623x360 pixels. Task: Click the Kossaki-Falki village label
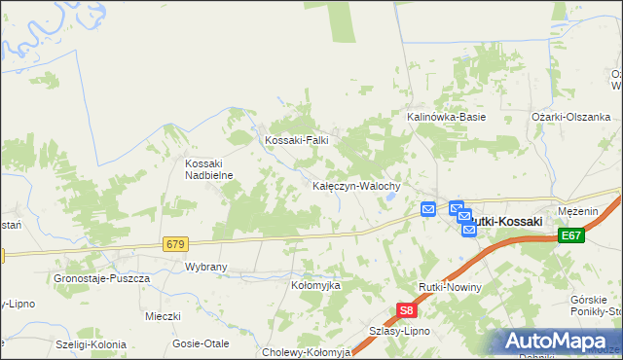tap(298, 140)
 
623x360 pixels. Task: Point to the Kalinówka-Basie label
tap(446, 117)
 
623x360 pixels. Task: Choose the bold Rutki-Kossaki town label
tap(503, 222)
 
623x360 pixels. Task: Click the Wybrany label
tap(205, 266)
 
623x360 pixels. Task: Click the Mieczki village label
tap(164, 316)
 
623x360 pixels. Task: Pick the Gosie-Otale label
tap(200, 342)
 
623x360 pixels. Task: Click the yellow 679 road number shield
tap(175, 243)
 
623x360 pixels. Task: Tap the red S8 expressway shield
tap(407, 311)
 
